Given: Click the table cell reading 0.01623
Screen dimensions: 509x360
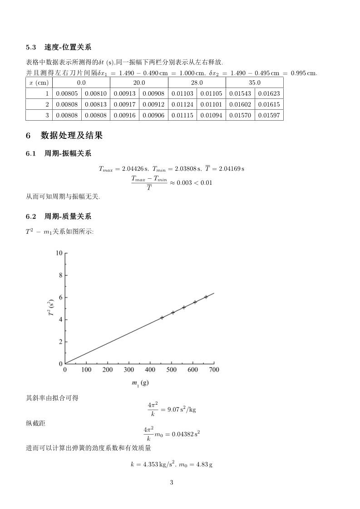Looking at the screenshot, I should [x=269, y=94].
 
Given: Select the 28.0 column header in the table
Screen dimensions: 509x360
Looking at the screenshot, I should [x=197, y=83].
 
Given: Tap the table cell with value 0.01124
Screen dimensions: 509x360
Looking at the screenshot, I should [x=182, y=105].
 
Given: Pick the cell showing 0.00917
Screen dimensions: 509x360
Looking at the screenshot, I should [x=124, y=105].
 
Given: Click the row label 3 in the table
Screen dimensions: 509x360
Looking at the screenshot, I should [x=46, y=116].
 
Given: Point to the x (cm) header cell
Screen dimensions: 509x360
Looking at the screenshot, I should [x=39, y=83].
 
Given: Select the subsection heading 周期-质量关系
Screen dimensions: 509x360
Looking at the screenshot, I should [x=68, y=216].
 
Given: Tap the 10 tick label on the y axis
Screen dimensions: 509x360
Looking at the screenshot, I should [x=59, y=253].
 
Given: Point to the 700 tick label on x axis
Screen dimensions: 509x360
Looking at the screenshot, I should [x=214, y=370].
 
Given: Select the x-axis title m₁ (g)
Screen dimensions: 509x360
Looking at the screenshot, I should [x=140, y=383].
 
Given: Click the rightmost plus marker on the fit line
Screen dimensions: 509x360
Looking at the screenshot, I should [x=206, y=297].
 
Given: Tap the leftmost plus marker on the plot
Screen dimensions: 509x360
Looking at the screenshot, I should [x=162, y=318].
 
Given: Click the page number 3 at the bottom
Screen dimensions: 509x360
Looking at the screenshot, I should [x=172, y=482].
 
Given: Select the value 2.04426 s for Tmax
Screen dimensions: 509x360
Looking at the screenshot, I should [x=135, y=169].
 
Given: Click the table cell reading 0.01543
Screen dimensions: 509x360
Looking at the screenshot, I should [x=240, y=94].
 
